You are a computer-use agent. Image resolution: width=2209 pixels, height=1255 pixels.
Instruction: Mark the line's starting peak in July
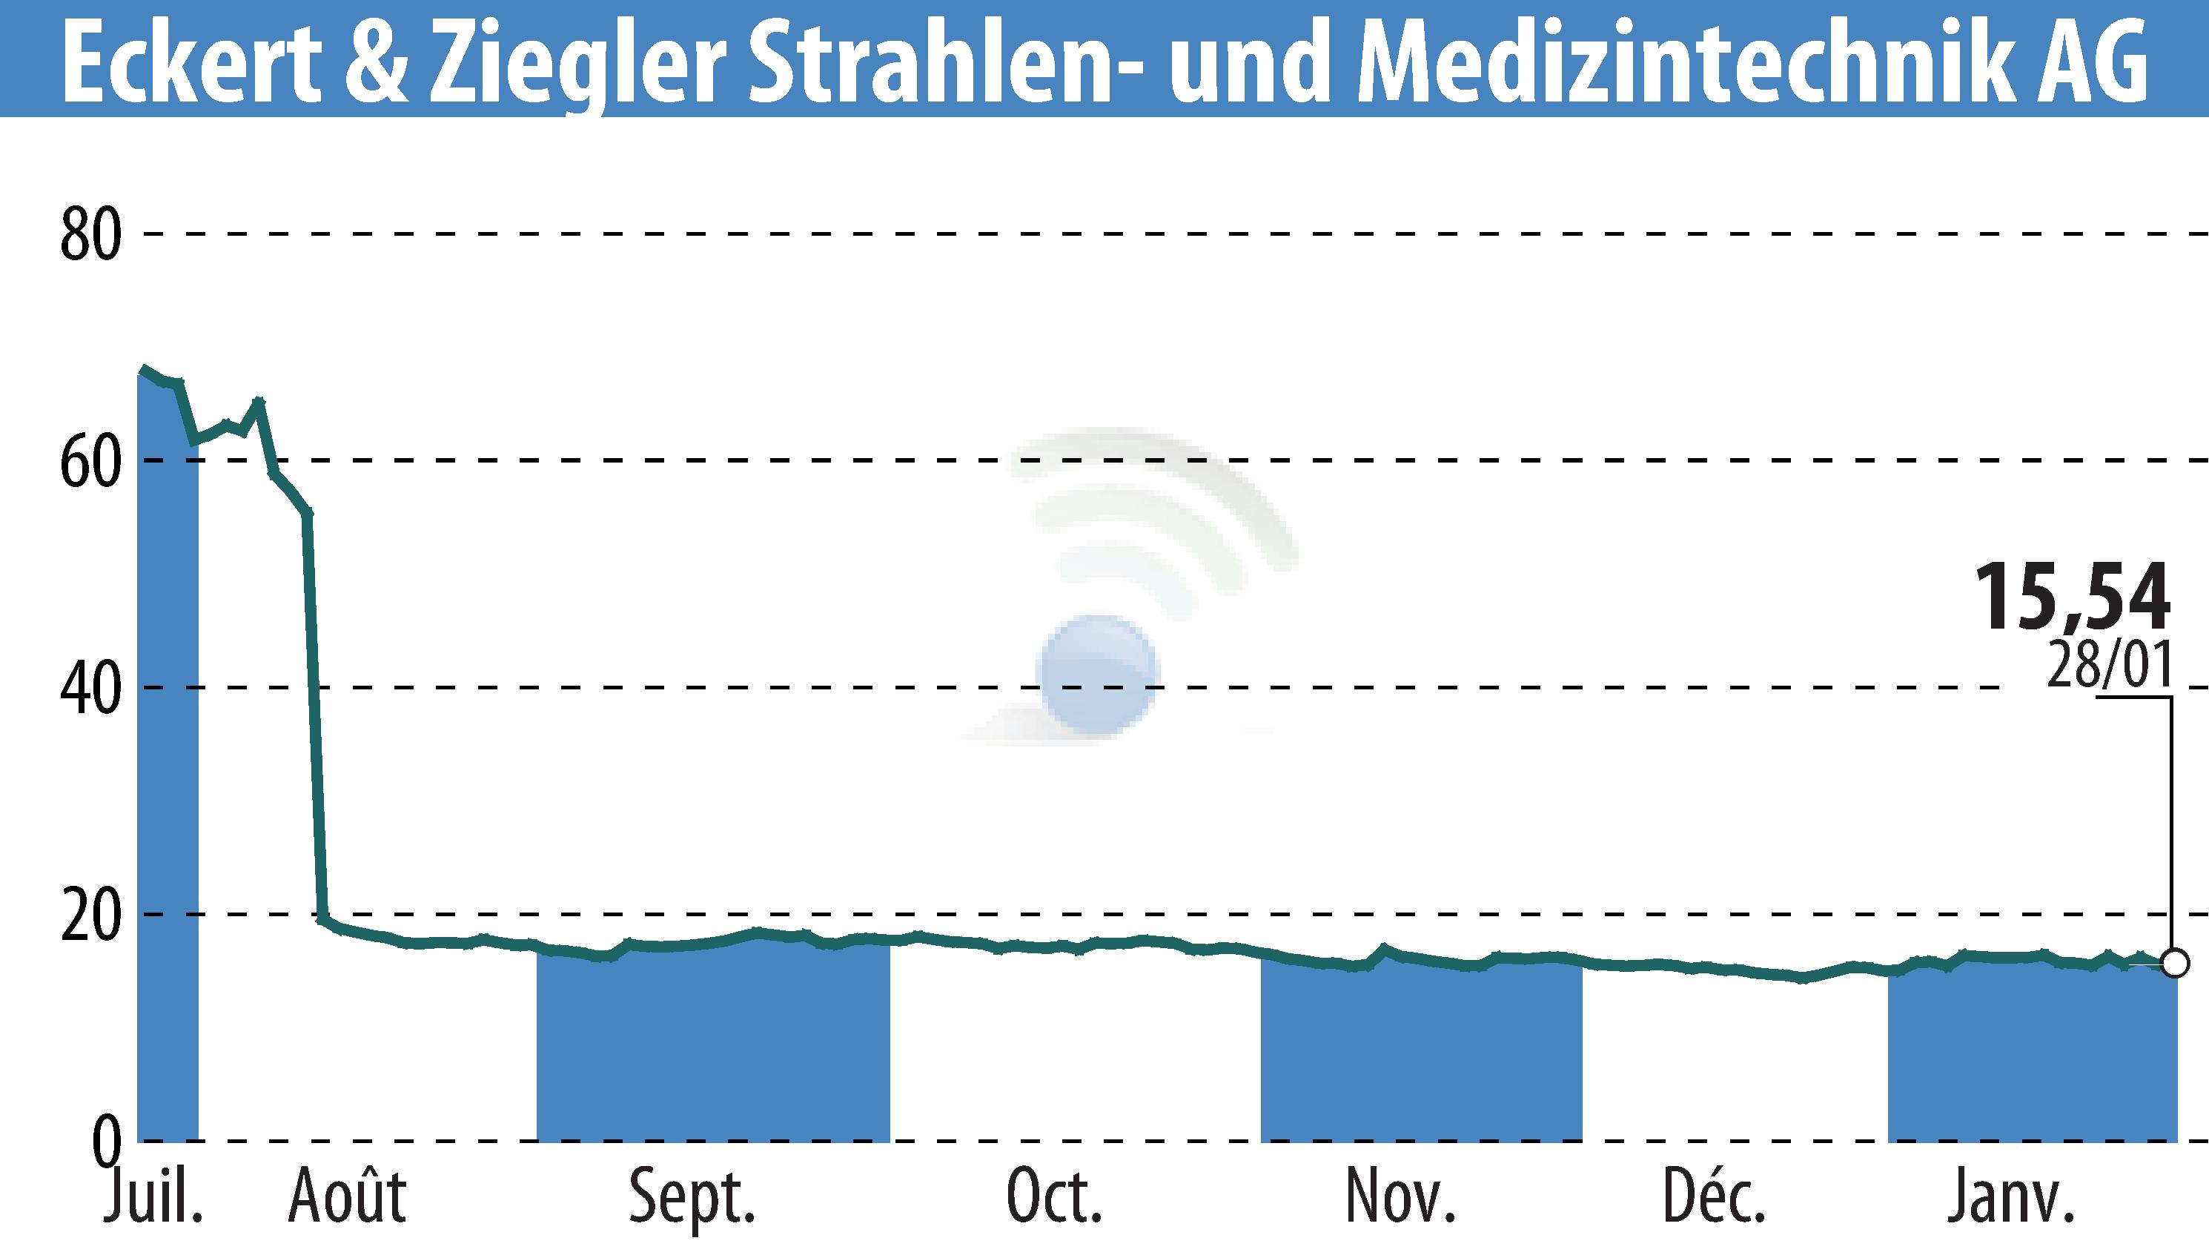point(144,368)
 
